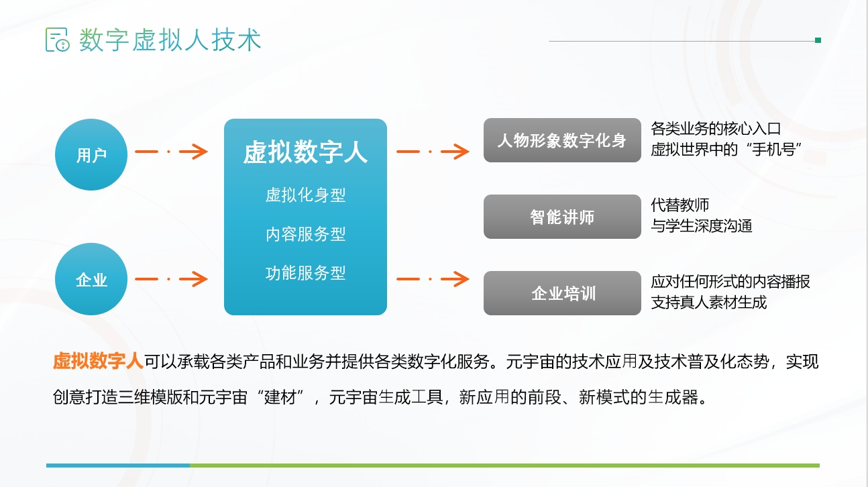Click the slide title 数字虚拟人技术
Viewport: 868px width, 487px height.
pyautogui.click(x=170, y=40)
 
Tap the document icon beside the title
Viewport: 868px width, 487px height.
pyautogui.click(x=57, y=40)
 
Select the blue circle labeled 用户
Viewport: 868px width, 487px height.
pyautogui.click(x=91, y=154)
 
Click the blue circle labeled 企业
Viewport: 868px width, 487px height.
pyautogui.click(x=91, y=279)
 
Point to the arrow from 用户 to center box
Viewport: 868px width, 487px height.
pyautogui.click(x=171, y=152)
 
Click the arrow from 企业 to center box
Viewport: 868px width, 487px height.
pyautogui.click(x=171, y=279)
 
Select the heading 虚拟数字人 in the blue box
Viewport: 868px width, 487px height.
pyautogui.click(x=305, y=152)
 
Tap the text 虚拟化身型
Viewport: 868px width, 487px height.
pyautogui.click(x=305, y=195)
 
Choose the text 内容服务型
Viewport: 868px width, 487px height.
pyautogui.click(x=305, y=234)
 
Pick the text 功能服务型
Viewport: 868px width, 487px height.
pyautogui.click(x=305, y=273)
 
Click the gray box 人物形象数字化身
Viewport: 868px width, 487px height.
pyautogui.click(x=562, y=140)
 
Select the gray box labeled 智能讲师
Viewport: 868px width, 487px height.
pyautogui.click(x=562, y=217)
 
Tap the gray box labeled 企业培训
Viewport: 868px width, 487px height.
pyautogui.click(x=562, y=293)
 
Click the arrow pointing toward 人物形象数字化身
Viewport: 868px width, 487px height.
pyautogui.click(x=433, y=152)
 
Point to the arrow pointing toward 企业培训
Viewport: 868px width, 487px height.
pyautogui.click(x=433, y=279)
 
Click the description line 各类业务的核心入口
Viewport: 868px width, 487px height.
pyautogui.click(x=716, y=129)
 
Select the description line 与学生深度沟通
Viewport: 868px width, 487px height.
pyautogui.click(x=702, y=226)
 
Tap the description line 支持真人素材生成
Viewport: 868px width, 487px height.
pyautogui.click(x=709, y=303)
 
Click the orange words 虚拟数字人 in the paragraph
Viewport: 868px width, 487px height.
pyautogui.click(x=98, y=361)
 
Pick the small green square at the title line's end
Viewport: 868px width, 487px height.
pyautogui.click(x=818, y=40)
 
